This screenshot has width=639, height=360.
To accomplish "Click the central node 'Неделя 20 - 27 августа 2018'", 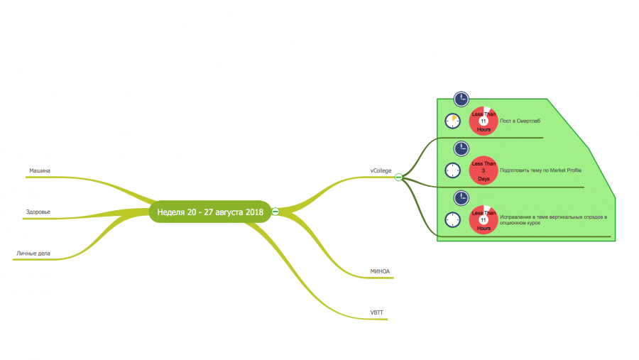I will (210, 212).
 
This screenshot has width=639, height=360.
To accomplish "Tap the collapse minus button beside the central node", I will (275, 212).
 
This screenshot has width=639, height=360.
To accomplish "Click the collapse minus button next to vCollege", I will (398, 177).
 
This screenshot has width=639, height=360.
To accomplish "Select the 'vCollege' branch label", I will (381, 170).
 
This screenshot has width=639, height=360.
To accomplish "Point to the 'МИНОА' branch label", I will (380, 271).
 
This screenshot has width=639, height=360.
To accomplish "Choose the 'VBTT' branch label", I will (376, 312).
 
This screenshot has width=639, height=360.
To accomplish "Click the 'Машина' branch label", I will (40, 170).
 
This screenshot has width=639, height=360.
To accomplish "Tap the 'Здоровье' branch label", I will (38, 212).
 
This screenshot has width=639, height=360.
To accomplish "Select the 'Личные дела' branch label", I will (33, 253).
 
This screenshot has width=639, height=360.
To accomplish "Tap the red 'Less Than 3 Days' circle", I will (484, 170).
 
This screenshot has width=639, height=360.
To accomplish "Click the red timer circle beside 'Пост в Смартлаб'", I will (484, 121).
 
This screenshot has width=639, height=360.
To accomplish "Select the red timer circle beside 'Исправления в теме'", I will (484, 219).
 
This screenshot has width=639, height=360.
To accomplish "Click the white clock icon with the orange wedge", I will (452, 121).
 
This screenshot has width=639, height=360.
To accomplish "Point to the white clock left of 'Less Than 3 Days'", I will (452, 170).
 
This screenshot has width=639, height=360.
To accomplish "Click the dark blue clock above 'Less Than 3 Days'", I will (461, 148).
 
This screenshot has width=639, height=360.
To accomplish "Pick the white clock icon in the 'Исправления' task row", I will (452, 219).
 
